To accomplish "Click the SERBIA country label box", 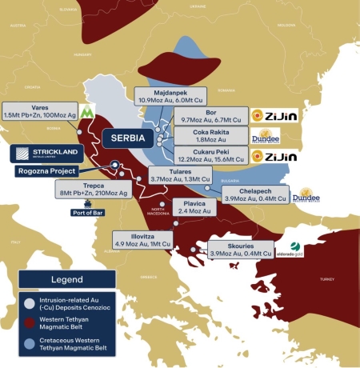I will click(128, 137).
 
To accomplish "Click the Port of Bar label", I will click(90, 212).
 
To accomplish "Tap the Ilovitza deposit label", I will click(142, 238).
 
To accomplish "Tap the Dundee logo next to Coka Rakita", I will click(265, 136).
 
